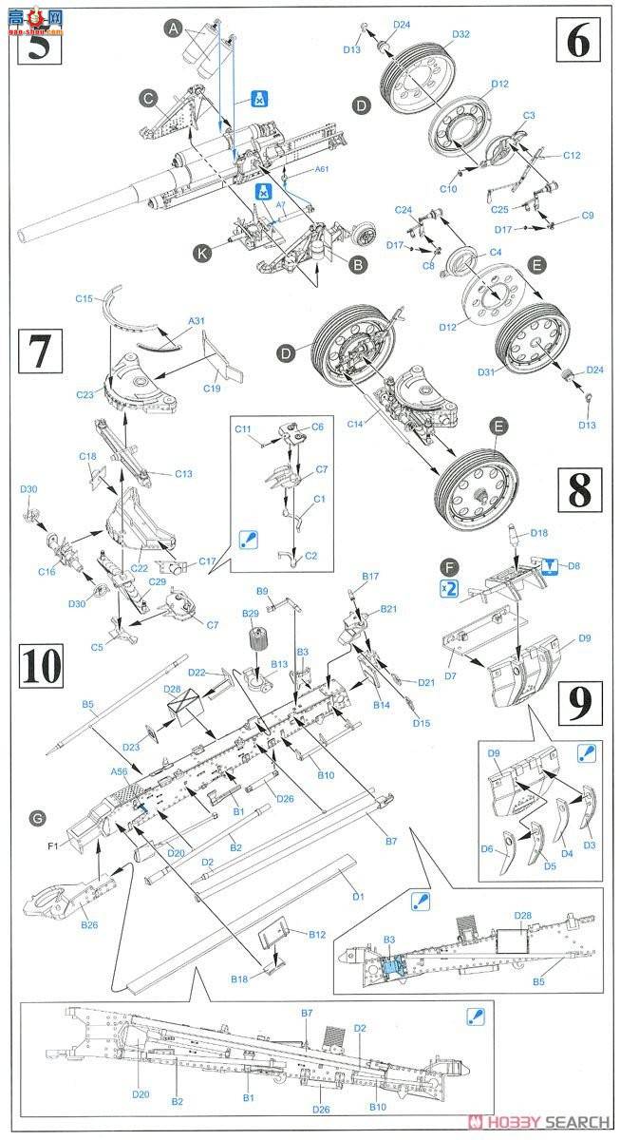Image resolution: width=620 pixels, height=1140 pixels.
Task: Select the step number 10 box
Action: tap(42, 665)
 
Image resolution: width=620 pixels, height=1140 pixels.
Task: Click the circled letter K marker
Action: tap(201, 254)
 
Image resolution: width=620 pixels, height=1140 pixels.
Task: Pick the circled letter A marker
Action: tap(173, 29)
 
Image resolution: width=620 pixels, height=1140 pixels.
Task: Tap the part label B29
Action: tap(251, 616)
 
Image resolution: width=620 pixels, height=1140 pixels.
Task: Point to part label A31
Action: tap(196, 320)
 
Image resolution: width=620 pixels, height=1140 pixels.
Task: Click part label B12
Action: tap(317, 935)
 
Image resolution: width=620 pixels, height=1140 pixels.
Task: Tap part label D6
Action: tap(487, 849)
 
